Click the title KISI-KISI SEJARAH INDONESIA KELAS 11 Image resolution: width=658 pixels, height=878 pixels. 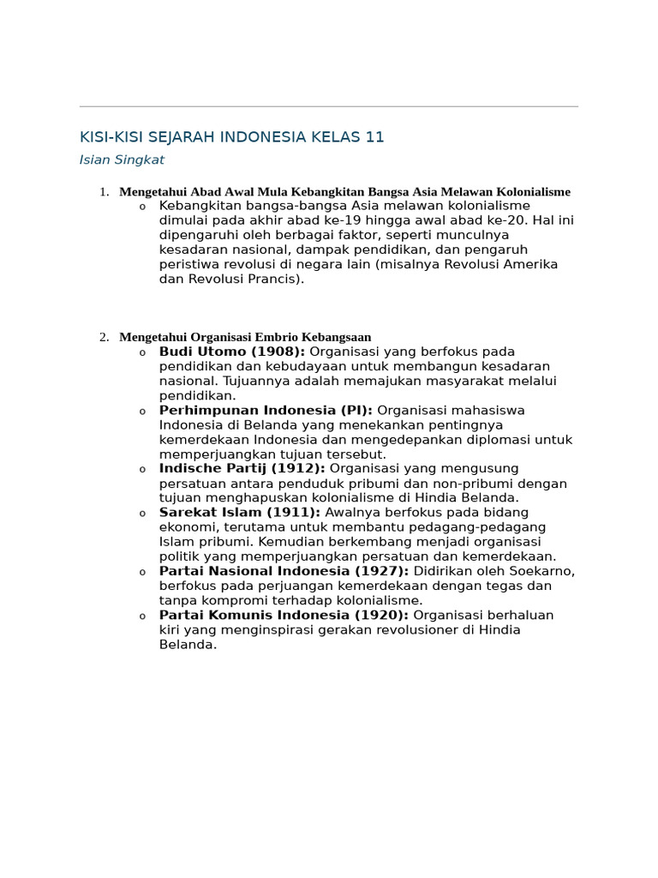point(231,137)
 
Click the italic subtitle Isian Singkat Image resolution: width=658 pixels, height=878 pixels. point(122,159)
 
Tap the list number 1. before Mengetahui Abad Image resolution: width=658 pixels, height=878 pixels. point(104,192)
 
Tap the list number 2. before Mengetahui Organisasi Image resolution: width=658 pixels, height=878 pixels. point(104,337)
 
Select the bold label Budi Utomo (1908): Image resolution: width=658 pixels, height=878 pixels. point(232,352)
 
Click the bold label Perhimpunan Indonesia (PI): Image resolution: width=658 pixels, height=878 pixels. point(266,411)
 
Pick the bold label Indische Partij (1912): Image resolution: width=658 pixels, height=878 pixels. point(242,469)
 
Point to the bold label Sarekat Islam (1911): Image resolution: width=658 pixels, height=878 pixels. point(239,513)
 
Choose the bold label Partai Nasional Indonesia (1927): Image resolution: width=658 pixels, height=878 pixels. point(284,571)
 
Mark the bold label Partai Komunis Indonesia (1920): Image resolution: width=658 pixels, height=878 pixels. point(285,616)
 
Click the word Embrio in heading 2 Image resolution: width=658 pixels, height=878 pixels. point(272,337)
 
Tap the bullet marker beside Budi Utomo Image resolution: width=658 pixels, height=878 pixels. point(143,352)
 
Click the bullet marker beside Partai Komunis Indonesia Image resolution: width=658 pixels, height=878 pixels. point(143,616)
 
